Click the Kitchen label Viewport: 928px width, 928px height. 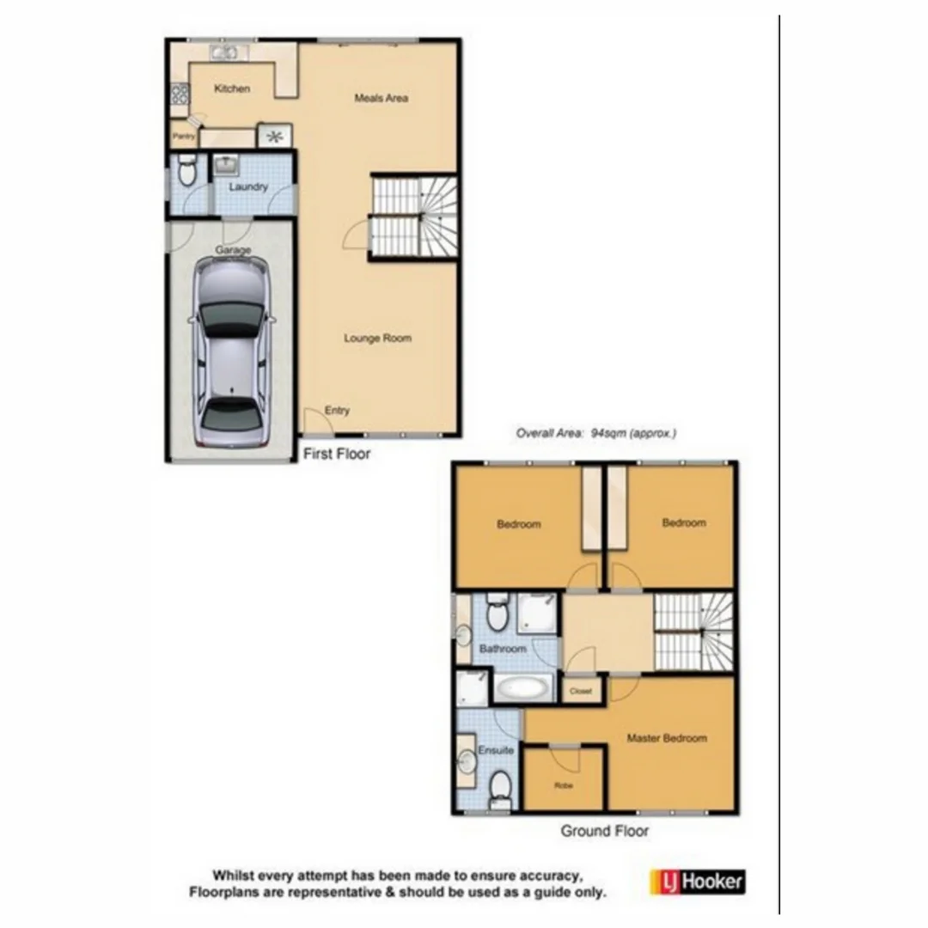point(232,89)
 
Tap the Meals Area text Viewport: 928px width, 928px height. point(381,98)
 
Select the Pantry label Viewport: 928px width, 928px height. point(183,136)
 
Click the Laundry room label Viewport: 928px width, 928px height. point(248,186)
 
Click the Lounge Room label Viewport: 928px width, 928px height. point(378,339)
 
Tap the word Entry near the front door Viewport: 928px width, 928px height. point(338,411)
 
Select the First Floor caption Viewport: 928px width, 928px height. point(337,454)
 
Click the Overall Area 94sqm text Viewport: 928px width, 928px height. point(596,434)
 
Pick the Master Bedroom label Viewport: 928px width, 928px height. point(667,738)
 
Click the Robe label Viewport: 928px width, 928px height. point(564,785)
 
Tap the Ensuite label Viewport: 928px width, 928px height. point(496,750)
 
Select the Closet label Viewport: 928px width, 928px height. point(582,691)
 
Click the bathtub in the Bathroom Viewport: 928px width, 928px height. point(522,688)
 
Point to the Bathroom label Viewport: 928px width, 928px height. point(503,649)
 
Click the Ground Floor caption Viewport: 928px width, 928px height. point(605,831)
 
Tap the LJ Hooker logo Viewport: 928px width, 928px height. point(697,882)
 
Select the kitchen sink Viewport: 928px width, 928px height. point(226,53)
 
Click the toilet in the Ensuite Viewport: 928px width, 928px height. point(500,785)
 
